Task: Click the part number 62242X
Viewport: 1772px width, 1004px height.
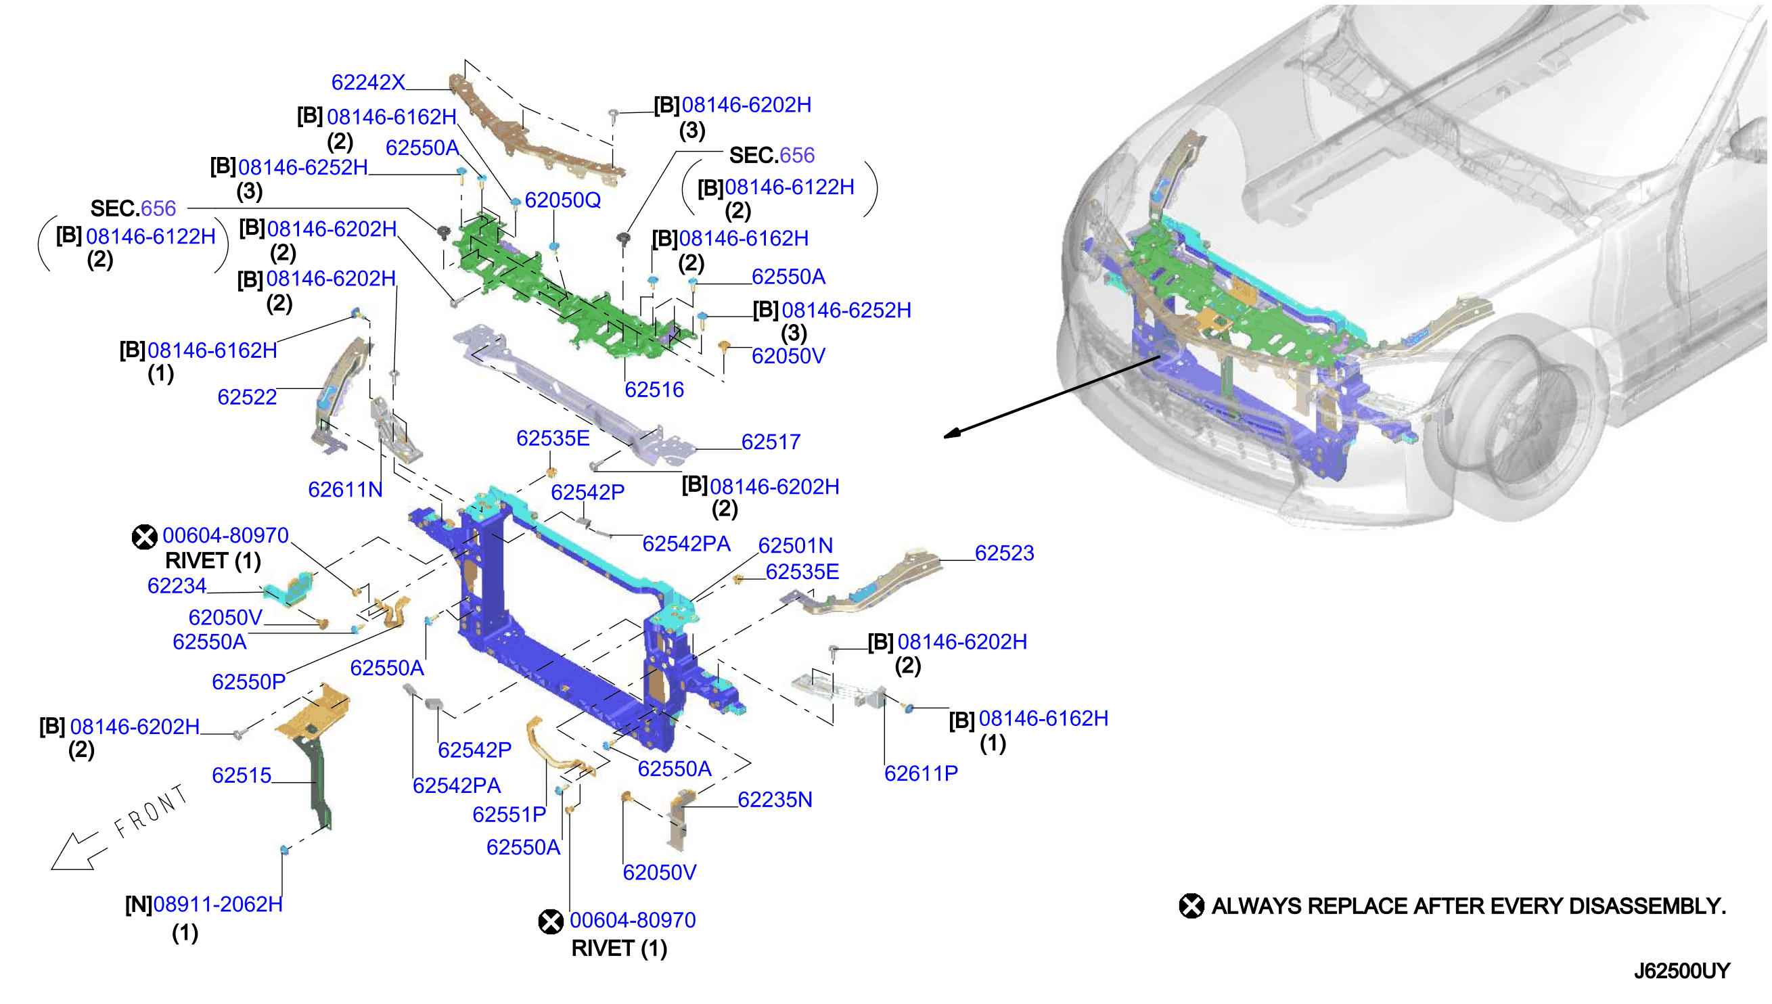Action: point(368,82)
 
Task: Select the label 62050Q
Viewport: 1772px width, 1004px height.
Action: point(563,200)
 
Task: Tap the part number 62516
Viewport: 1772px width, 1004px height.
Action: point(654,390)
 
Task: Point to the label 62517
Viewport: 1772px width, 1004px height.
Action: point(771,442)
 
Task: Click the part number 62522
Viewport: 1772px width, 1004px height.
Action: point(247,397)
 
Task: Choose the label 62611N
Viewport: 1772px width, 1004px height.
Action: point(345,490)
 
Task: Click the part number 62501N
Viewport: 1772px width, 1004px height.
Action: point(796,545)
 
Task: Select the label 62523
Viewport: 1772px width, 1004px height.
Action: point(1004,553)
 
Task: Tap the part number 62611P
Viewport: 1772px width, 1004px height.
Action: point(921,774)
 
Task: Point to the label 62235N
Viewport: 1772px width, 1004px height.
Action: point(775,800)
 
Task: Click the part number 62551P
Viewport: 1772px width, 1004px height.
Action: point(509,815)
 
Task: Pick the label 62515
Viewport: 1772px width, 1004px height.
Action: point(242,776)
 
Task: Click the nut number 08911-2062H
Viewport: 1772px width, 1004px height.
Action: point(218,905)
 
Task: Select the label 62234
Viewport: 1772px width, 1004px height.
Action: point(177,586)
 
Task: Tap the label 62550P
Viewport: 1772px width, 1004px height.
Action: point(248,682)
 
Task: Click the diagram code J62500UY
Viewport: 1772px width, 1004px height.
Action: point(1682,971)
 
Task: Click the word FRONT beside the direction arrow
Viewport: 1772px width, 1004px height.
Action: point(151,812)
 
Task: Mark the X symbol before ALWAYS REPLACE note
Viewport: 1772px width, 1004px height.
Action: point(1191,906)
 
